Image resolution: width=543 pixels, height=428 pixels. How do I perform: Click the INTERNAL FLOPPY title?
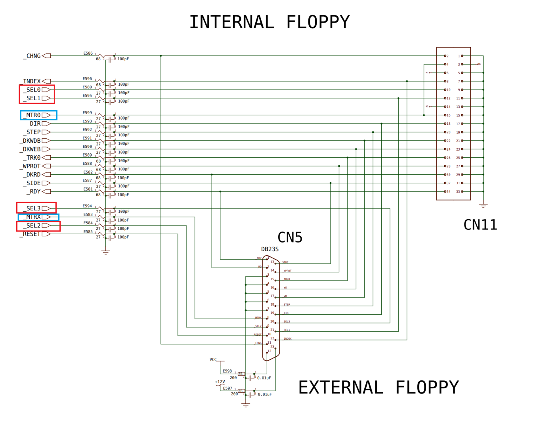[x=270, y=22]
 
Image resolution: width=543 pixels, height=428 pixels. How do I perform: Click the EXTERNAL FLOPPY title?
[x=379, y=388]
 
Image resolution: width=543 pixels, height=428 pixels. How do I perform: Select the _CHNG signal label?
[x=32, y=56]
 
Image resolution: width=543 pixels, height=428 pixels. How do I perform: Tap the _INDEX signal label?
[x=31, y=81]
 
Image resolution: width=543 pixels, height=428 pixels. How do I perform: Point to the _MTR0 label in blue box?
[x=33, y=115]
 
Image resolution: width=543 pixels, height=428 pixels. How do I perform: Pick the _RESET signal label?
[x=31, y=234]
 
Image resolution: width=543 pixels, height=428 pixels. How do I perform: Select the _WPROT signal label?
[x=31, y=166]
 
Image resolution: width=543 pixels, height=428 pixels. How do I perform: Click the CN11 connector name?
[x=480, y=225]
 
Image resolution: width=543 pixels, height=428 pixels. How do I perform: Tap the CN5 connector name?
[x=290, y=237]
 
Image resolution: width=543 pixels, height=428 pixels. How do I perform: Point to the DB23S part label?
[x=270, y=249]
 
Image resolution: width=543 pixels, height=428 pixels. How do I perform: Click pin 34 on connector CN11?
[x=447, y=192]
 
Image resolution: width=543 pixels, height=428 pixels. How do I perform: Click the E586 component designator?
[x=88, y=53]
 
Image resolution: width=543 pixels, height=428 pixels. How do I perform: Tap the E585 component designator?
[x=88, y=231]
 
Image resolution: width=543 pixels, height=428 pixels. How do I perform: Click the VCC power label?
[x=213, y=359]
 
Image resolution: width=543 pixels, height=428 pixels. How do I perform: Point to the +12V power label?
[x=220, y=382]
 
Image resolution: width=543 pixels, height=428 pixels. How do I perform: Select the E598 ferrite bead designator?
[x=227, y=371]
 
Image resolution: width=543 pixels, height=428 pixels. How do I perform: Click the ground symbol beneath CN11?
[x=483, y=206]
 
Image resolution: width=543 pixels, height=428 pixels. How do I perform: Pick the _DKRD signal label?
[x=32, y=174]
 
